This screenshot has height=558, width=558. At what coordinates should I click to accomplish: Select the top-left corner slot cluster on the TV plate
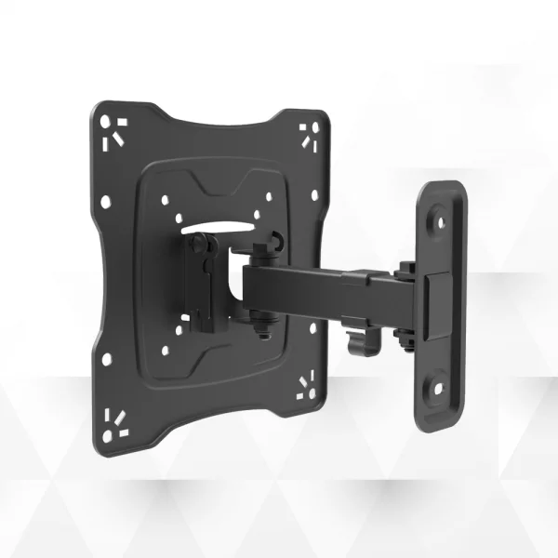[x=114, y=131]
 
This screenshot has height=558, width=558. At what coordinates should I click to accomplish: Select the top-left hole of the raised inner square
[x=164, y=198]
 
